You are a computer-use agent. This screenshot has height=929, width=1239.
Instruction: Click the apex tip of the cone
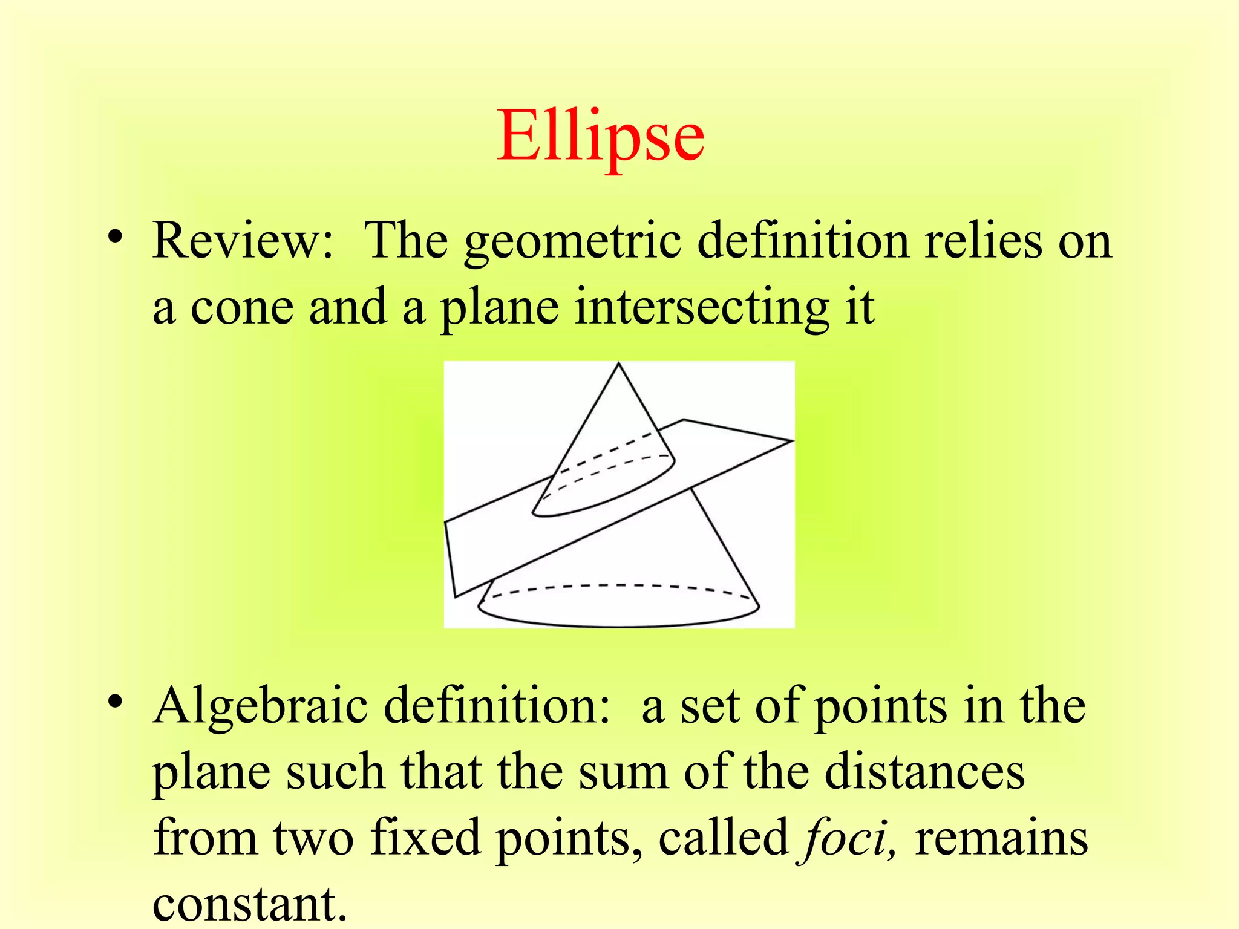[x=618, y=363]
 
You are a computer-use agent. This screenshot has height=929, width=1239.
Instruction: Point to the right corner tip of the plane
[x=792, y=441]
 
